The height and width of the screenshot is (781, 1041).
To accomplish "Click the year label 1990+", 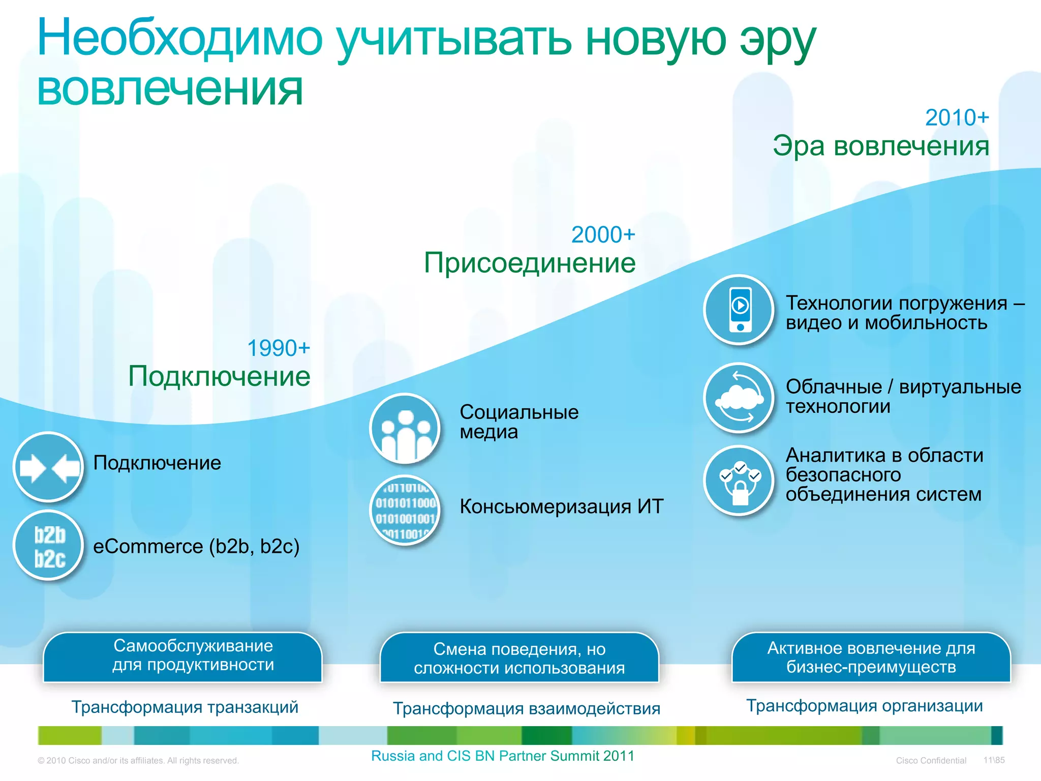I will click(278, 349).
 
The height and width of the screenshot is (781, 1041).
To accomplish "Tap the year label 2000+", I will click(603, 235).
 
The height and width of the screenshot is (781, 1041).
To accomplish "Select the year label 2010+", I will click(957, 118).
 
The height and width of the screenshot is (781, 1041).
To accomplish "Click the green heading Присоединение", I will click(529, 263).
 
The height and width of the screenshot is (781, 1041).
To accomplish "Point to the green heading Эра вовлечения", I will click(881, 146).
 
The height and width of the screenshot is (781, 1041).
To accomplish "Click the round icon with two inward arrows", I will click(49, 467).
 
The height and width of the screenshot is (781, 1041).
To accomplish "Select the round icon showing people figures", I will click(405, 429).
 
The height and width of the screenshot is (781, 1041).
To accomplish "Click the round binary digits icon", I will click(405, 510).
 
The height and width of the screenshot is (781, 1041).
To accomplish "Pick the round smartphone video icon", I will click(740, 309).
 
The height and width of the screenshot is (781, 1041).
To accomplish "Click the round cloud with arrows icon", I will click(740, 398).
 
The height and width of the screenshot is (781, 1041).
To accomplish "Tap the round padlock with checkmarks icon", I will click(740, 480).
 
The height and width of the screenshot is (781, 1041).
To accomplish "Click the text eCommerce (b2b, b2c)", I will click(196, 547).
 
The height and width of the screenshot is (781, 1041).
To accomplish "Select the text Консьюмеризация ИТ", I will click(561, 507).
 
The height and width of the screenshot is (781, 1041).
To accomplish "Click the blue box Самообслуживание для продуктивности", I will click(183, 656).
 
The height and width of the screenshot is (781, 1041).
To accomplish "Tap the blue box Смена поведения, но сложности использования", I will click(519, 658).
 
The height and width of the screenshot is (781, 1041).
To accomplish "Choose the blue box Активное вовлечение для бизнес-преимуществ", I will click(871, 657).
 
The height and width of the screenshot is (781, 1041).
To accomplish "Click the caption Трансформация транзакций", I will click(185, 707).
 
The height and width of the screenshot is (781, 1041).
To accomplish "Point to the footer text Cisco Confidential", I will click(931, 761).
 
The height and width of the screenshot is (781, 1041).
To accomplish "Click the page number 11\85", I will click(994, 760).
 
